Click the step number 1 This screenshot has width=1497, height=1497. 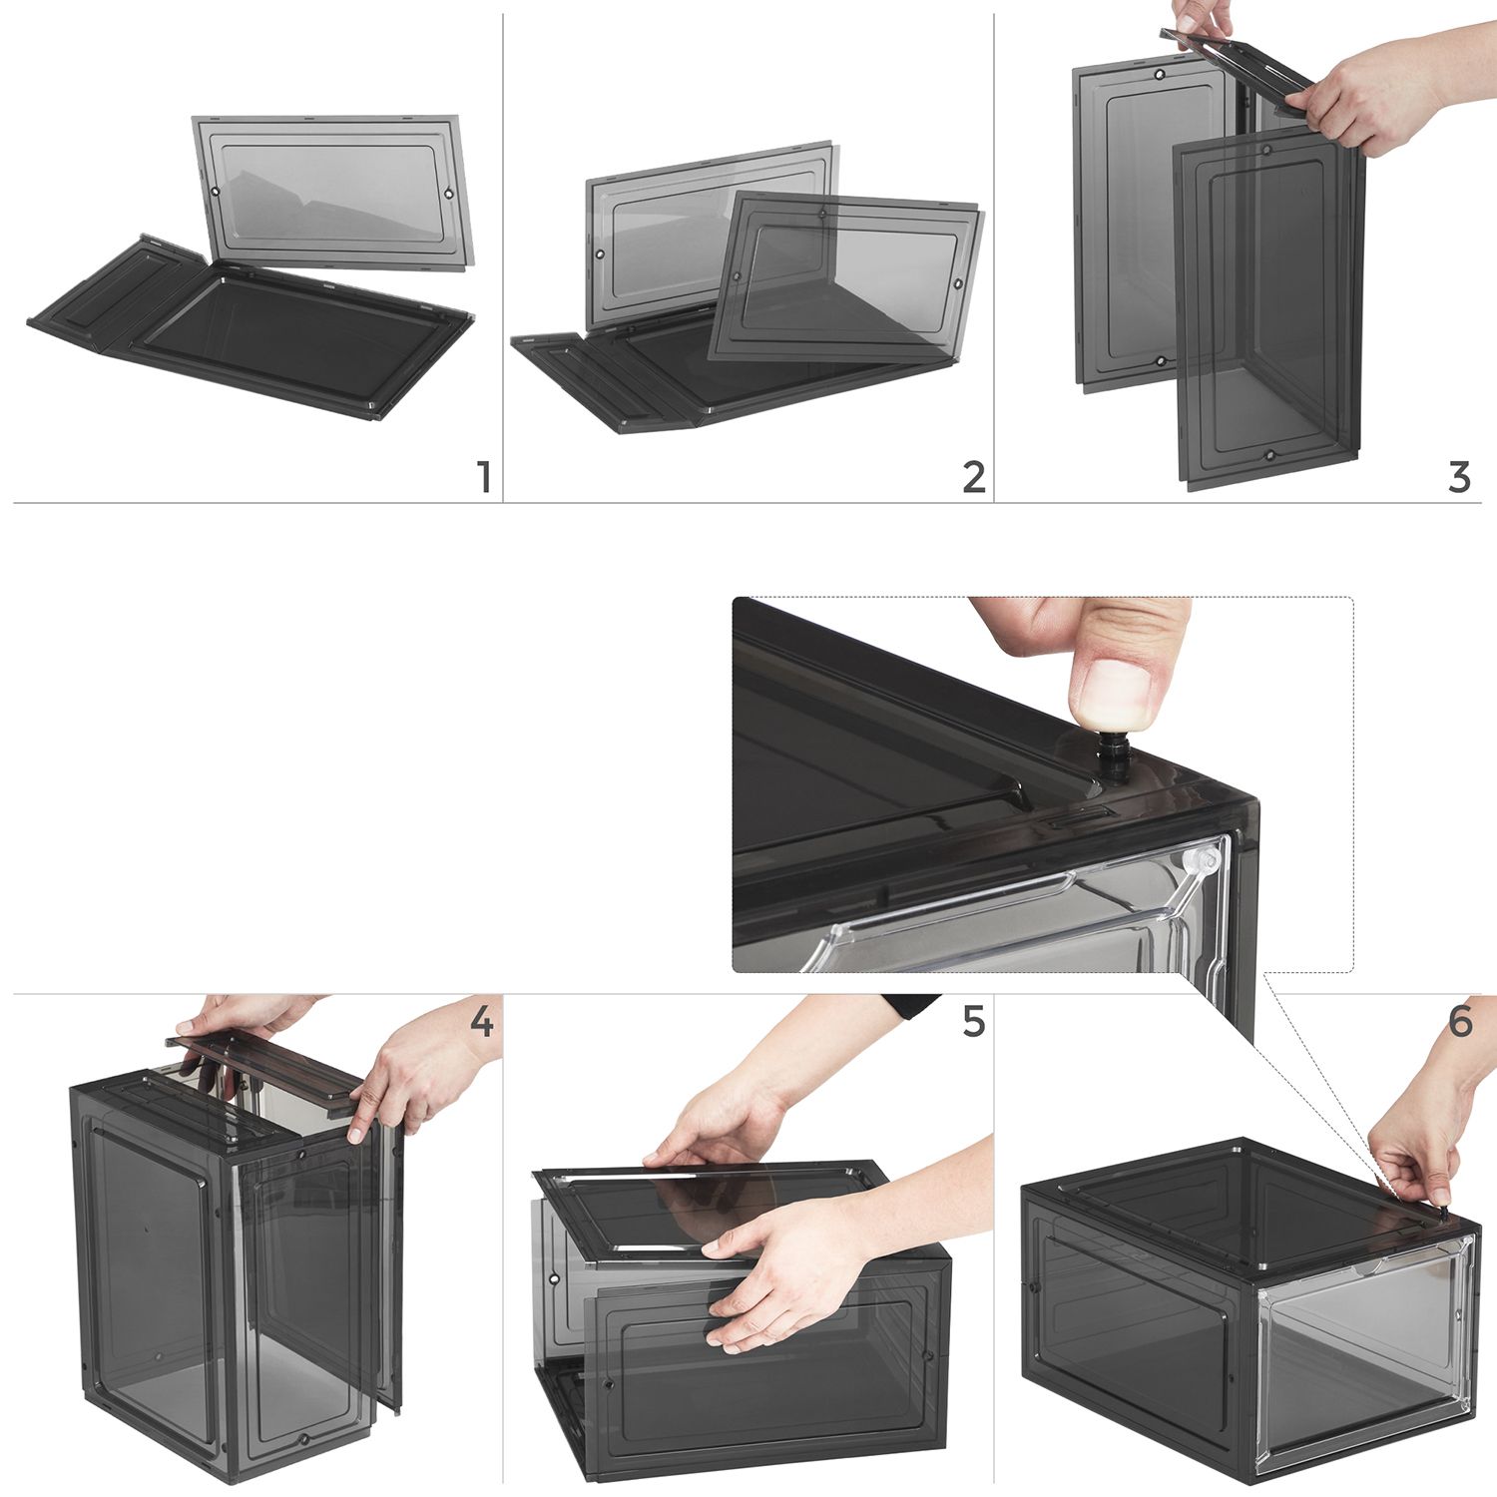pyautogui.click(x=484, y=477)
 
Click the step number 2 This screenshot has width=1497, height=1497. pyautogui.click(x=974, y=477)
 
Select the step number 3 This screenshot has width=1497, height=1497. pyautogui.click(x=1459, y=477)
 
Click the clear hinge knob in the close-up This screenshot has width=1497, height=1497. pyautogui.click(x=1204, y=859)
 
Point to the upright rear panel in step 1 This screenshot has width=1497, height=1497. pyautogui.click(x=332, y=193)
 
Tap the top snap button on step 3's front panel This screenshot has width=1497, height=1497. pyautogui.click(x=1265, y=151)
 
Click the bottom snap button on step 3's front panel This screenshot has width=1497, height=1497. pyautogui.click(x=1269, y=455)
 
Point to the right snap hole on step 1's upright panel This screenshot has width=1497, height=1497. pyautogui.click(x=448, y=193)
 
